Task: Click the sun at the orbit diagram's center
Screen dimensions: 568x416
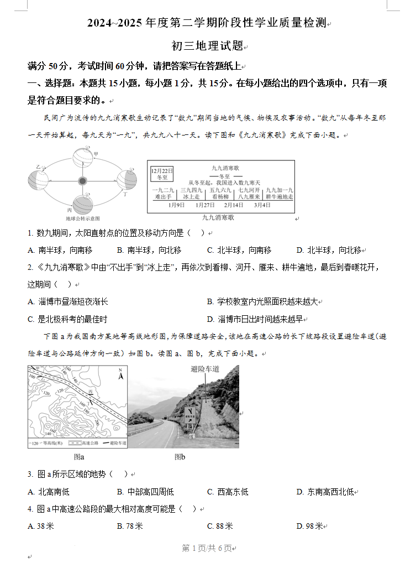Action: [82, 181]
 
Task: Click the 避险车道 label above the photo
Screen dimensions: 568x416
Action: [205, 369]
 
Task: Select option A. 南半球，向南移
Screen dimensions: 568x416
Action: [60, 250]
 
